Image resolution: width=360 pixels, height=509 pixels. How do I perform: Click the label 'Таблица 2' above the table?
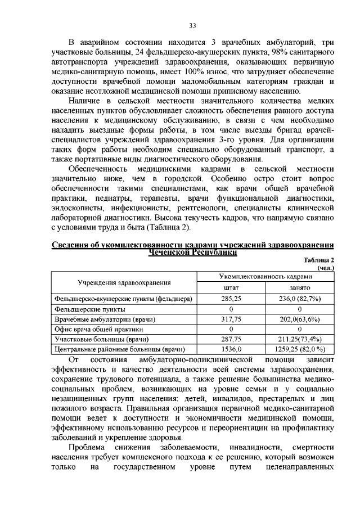pyautogui.click(x=319, y=260)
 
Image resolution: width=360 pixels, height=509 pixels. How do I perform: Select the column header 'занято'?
pyautogui.click(x=300, y=287)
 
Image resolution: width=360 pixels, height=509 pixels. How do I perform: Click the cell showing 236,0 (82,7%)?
pyautogui.click(x=300, y=298)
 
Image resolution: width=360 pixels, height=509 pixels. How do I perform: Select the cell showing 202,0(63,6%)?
pyautogui.click(x=300, y=319)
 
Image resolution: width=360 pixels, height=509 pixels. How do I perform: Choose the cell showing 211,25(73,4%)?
pyautogui.click(x=300, y=339)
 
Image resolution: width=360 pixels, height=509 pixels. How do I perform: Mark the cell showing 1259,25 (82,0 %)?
pyautogui.click(x=300, y=349)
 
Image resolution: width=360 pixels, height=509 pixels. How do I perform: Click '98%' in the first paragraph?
pyautogui.click(x=263, y=52)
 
